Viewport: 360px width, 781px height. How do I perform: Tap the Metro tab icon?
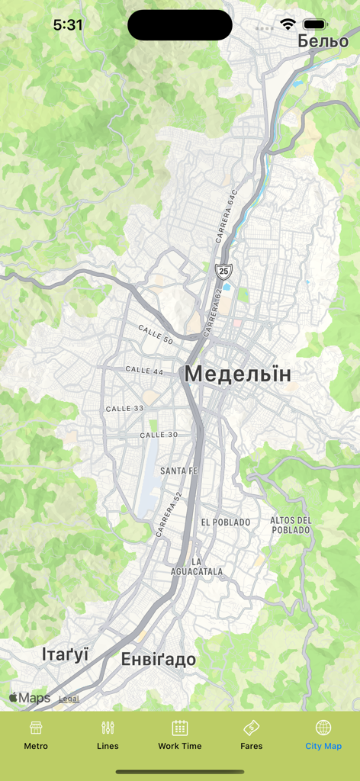36,728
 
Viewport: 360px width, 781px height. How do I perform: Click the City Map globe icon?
323,728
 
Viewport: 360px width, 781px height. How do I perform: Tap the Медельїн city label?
237,374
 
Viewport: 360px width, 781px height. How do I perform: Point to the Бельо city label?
323,41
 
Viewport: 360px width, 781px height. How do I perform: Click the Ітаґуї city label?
65,654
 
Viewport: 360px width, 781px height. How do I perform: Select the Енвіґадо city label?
159,660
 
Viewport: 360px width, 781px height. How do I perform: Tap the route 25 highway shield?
223,270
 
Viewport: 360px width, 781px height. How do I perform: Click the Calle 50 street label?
156,334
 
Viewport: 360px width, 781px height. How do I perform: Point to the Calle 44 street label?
144,370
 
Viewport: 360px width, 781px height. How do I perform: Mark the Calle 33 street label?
124,409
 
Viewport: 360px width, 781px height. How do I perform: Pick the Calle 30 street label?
159,435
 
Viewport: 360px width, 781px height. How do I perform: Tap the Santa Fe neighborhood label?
179,471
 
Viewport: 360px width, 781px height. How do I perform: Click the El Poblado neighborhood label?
226,522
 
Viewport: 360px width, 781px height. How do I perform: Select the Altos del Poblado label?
291,525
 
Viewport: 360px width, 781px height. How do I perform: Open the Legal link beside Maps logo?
69,698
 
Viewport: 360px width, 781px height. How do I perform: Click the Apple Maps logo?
29,698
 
